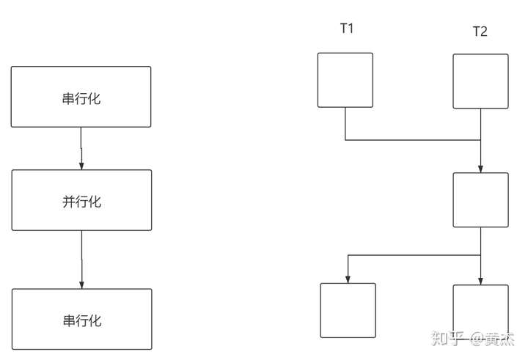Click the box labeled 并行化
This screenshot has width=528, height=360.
[81, 200]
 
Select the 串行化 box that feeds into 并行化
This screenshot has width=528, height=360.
[81, 97]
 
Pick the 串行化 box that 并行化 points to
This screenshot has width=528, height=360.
[81, 319]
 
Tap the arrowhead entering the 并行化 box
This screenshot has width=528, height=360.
[81, 165]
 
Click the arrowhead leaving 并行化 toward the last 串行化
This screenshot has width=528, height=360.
[81, 284]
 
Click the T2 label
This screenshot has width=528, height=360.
[480, 32]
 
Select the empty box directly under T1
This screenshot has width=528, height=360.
[345, 80]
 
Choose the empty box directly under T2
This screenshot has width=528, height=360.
[480, 81]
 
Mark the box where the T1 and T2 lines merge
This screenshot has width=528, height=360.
[480, 199]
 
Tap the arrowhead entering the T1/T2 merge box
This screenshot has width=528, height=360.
[480, 168]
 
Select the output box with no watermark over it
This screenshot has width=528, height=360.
[348, 310]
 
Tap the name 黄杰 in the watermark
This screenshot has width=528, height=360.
[503, 338]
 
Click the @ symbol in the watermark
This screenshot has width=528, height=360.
[477, 338]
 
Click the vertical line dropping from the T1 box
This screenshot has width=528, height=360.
[345, 123]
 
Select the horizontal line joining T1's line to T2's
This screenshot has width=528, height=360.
[411, 139]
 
